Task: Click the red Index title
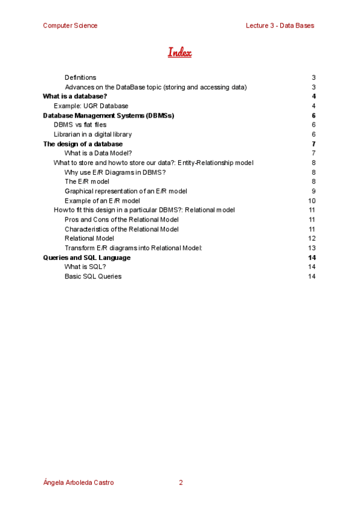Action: pos(179,52)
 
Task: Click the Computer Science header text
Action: pos(70,25)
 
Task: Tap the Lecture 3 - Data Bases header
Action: pos(280,25)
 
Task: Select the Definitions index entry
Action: pos(80,77)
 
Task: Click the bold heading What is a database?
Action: pos(75,96)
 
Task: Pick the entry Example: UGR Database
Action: pos(91,106)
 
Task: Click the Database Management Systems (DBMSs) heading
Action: pos(109,115)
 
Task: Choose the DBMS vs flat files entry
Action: pos(80,125)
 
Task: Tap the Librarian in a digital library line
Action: pos(93,134)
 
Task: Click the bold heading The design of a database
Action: pos(83,144)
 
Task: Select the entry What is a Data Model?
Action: pos(98,153)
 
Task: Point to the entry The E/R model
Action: pos(87,181)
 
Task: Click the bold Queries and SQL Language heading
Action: pos(86,258)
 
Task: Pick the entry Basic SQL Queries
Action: pos(93,277)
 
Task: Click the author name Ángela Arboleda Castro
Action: pos(79,483)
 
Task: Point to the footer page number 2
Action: pos(181,483)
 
